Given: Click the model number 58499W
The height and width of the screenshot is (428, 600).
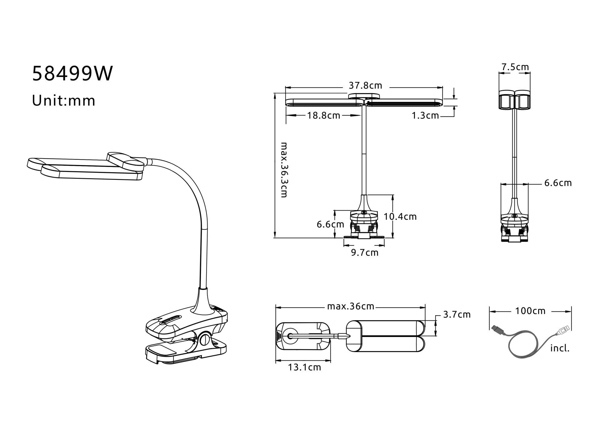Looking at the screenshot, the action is tap(72, 74).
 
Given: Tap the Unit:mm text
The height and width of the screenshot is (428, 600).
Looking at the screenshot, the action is tap(64, 101).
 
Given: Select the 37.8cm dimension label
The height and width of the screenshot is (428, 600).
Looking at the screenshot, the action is tap(365, 85).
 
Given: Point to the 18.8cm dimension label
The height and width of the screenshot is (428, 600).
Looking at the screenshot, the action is tap(323, 115).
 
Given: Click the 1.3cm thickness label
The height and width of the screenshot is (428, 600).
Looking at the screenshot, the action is tap(425, 116).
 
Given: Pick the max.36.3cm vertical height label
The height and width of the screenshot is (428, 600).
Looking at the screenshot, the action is tap(284, 170).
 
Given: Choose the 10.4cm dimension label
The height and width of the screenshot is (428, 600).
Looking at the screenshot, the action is tap(400, 217).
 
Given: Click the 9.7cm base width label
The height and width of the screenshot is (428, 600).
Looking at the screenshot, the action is tap(365, 253).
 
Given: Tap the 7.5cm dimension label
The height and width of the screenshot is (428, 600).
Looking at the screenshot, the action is tap(515, 67).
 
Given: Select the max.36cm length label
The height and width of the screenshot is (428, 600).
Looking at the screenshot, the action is tap(351, 306).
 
